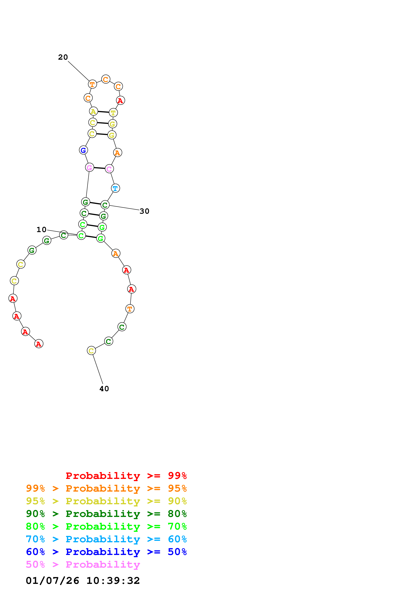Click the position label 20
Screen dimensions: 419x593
pos(63,57)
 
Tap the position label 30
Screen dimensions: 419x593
pos(144,211)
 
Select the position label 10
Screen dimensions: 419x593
pos(41,230)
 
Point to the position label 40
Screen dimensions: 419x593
pos(104,389)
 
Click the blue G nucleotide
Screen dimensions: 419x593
pos(83,150)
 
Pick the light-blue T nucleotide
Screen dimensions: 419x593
pos(115,188)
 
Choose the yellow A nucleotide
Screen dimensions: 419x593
pos(93,111)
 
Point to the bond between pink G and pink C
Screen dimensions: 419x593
pos(99,168)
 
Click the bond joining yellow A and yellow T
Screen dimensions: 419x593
pos(103,112)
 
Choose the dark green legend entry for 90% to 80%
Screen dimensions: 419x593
pos(106,514)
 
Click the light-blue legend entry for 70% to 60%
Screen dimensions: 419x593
pos(106,539)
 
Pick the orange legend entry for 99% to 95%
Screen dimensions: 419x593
pos(106,488)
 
